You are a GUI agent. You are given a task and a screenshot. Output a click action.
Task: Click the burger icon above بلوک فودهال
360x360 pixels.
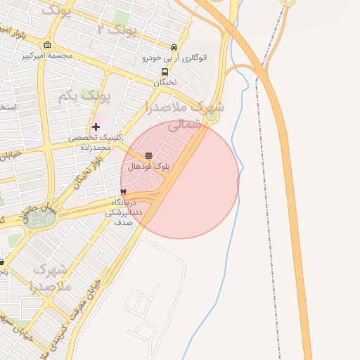(148, 155)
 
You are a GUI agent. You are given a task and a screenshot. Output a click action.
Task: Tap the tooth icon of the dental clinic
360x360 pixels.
(124, 191)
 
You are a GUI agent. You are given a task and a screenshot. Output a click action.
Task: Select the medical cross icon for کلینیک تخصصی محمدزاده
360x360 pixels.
(96, 127)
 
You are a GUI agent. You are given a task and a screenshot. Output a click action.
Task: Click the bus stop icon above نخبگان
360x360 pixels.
(165, 72)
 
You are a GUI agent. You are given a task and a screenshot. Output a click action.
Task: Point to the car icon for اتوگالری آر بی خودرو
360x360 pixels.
(174, 47)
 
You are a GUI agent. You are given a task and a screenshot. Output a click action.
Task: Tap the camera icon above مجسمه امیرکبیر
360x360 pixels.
(47, 44)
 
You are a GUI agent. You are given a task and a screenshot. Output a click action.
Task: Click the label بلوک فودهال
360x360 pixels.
(148, 167)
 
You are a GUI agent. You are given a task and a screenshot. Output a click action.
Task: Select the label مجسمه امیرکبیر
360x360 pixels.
(47, 55)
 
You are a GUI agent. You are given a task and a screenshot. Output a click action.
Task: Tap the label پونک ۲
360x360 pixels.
(116, 30)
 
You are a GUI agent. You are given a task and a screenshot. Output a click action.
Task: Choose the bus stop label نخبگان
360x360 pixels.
(165, 82)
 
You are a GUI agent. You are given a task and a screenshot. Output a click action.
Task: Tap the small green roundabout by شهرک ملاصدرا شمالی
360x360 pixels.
(211, 117)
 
